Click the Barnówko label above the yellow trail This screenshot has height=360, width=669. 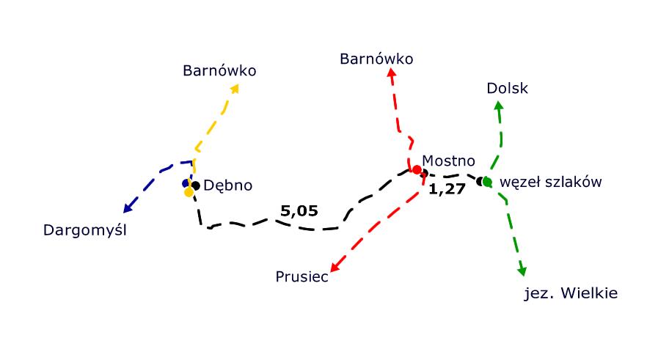coord(219,71)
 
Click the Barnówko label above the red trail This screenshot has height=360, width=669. coord(376,59)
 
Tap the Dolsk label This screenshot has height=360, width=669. coord(507,89)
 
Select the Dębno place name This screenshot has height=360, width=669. coord(227,185)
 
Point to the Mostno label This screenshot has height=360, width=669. coord(449,161)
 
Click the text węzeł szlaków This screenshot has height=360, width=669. coord(550,181)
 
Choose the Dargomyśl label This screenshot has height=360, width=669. coord(85,231)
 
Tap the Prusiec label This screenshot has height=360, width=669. coord(302,276)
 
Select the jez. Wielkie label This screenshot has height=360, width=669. coord(571,294)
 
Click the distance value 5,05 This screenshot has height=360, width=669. coord(299,211)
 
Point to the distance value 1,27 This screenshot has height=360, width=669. coord(447,191)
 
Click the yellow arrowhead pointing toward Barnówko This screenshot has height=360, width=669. coord(235,88)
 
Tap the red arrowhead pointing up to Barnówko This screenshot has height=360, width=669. coord(392,73)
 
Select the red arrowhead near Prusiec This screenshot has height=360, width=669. coord(334,267)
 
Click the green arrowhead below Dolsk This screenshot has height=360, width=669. coord(499,106)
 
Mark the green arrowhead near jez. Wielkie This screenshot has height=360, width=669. coord(522,271)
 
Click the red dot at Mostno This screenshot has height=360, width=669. coord(417,170)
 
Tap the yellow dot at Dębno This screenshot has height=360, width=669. coord(189,192)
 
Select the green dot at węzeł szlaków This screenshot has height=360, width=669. coord(487,181)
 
